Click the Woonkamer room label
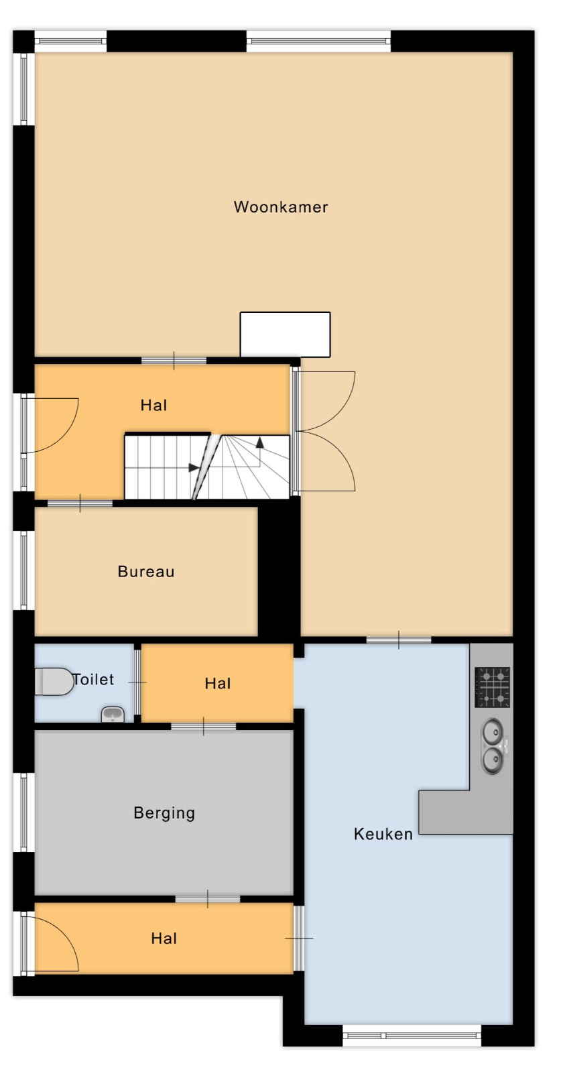coord(281,207)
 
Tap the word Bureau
coord(146,572)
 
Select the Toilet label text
coord(93,679)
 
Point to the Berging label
coord(164,813)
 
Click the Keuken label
coord(383,834)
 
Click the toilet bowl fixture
coord(54,682)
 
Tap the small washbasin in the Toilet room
coord(113,715)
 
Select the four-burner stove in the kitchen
coord(492,687)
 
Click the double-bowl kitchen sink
coord(493,745)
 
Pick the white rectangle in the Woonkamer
coord(285,335)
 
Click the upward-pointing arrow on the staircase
coord(260,442)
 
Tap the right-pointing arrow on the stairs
coord(194,468)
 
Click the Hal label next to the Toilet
coord(218,684)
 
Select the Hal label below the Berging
coord(164,939)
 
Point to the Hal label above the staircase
coord(153,406)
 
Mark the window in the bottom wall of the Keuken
coord(412,1036)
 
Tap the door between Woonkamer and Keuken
coord(399,640)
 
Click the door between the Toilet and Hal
coord(137,682)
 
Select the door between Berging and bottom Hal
coord(208,899)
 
